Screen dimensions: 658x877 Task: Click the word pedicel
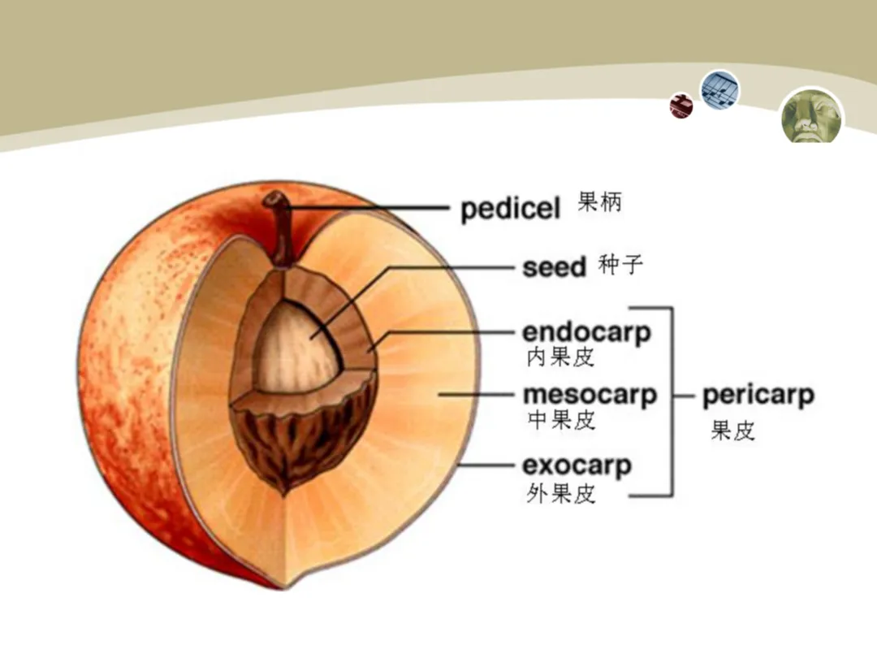point(510,209)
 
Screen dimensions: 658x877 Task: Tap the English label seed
point(554,267)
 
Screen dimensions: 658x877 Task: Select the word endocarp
point(586,332)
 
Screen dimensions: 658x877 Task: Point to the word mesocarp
point(590,396)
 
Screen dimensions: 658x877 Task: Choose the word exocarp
point(577,466)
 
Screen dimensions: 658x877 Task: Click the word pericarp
point(758,396)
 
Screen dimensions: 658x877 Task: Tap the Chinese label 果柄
point(600,201)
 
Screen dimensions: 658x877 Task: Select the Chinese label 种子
point(621,265)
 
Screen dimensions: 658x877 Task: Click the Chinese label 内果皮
point(560,356)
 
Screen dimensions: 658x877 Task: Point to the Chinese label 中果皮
point(560,419)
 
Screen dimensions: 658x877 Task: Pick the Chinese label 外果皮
point(560,492)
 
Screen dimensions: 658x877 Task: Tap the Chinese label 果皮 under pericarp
point(732,430)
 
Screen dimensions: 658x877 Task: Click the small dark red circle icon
point(681,106)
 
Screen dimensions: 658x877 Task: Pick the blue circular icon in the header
point(720,89)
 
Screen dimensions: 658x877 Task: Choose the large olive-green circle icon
point(812,115)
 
